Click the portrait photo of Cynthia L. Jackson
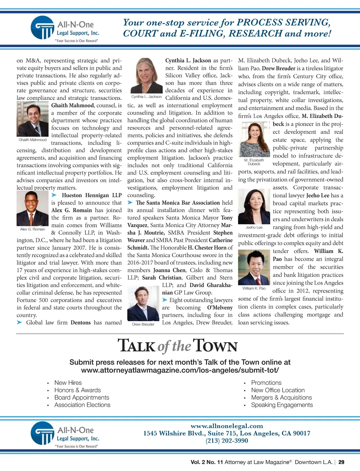[x=146, y=75]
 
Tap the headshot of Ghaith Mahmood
[x=32, y=119]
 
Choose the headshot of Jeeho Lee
[x=254, y=206]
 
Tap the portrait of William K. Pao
[x=254, y=267]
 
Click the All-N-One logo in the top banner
[x=65, y=29]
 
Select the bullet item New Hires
[x=68, y=383]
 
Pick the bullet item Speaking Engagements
[x=282, y=405]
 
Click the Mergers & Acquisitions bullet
[x=281, y=397]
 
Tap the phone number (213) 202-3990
[x=227, y=441]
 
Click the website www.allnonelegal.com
[x=227, y=426]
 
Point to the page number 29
[x=341, y=462]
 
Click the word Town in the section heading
[x=215, y=346]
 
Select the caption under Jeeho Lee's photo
[x=254, y=228]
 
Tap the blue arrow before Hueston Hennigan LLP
[x=54, y=195]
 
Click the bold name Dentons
[x=81, y=323]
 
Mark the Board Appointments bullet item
[x=82, y=397]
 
